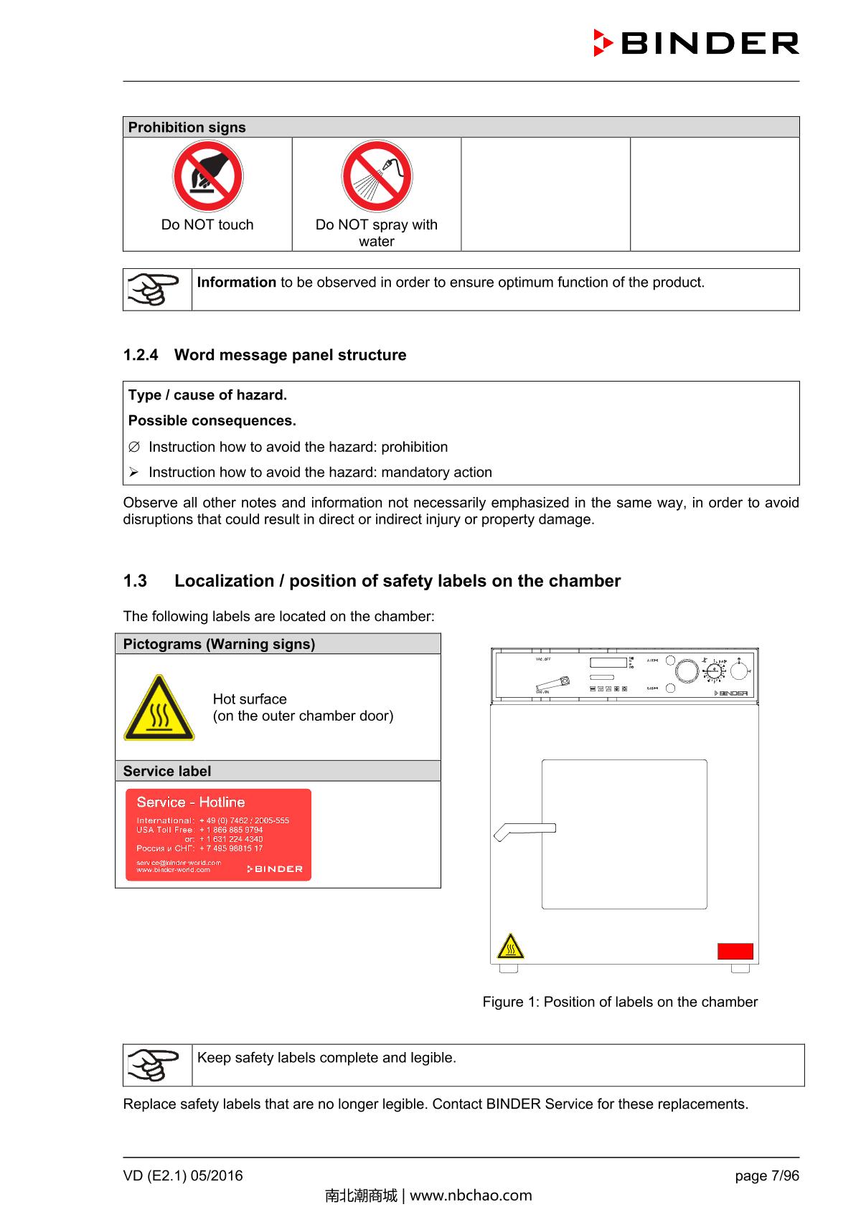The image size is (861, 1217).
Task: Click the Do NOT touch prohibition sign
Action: point(207,176)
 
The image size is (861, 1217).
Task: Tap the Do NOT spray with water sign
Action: point(377,176)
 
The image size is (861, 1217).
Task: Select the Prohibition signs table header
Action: point(187,128)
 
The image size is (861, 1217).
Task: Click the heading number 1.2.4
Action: point(141,355)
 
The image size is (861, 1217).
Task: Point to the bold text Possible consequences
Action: point(212,421)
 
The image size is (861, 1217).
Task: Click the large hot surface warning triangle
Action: point(159,709)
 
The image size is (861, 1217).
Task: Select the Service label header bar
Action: point(167,771)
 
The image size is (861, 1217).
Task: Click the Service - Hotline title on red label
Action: point(191,802)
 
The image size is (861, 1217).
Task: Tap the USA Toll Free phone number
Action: point(231,830)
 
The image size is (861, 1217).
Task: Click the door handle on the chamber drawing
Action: point(524,830)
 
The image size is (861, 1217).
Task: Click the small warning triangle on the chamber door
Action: point(510,947)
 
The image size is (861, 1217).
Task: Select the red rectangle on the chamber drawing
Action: point(735,952)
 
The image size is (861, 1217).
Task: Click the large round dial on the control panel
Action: point(687,671)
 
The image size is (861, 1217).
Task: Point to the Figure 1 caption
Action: point(620,1002)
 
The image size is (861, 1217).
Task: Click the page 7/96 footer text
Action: point(766,1175)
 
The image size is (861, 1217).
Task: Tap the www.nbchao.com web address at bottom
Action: point(471,1195)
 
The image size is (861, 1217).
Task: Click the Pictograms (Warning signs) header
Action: point(219,644)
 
